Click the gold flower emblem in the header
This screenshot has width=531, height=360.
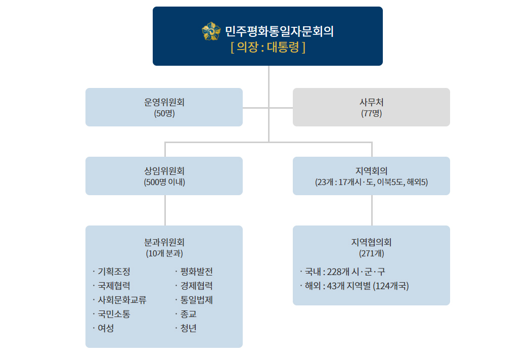[x=211, y=31]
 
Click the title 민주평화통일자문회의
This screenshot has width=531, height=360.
[x=279, y=31]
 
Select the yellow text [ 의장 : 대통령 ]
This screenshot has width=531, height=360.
[x=268, y=47]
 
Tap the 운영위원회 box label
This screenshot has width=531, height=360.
[x=164, y=102]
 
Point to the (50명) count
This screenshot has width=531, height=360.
[x=164, y=113]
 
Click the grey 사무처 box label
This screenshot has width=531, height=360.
[x=372, y=102]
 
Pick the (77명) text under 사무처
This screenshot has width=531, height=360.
[x=372, y=113]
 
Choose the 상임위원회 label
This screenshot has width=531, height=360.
[x=164, y=171]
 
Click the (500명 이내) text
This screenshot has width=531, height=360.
[x=164, y=182]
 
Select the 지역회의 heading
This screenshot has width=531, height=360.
[x=372, y=171]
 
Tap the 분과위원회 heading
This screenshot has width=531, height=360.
[x=164, y=242]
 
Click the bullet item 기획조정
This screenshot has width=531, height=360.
[x=114, y=272]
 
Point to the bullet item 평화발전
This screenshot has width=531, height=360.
[x=196, y=272]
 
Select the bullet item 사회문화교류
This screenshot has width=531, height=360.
[x=122, y=300]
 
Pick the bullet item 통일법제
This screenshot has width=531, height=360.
[x=196, y=300]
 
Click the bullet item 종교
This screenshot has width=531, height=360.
[x=188, y=314]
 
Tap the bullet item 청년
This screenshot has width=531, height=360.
[x=188, y=329]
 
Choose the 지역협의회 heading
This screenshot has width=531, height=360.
[x=372, y=242]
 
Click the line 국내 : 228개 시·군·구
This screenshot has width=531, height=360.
[x=345, y=272]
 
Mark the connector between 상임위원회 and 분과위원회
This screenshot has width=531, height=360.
[x=165, y=210]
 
